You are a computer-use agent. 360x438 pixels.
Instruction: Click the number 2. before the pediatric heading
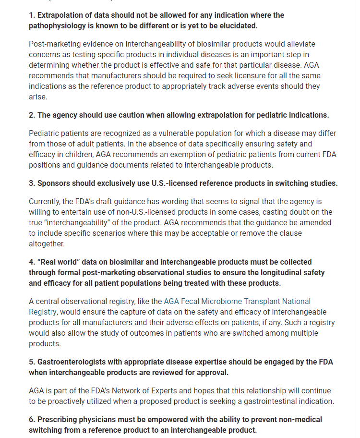(x=32, y=115)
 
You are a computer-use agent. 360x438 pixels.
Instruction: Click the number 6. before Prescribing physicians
(x=32, y=420)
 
